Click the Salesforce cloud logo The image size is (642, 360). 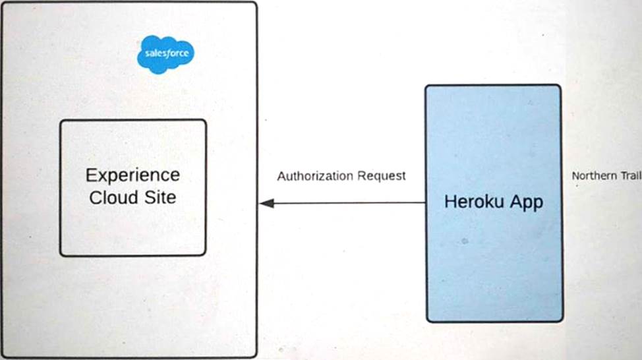click(165, 54)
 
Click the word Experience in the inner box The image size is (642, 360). click(132, 175)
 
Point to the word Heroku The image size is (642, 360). click(470, 202)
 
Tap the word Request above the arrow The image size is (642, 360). click(382, 177)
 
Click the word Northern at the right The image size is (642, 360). click(593, 175)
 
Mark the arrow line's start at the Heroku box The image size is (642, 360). click(424, 202)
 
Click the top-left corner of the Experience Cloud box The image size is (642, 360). click(61, 121)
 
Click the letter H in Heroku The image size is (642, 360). click(450, 202)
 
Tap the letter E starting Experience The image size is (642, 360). click(91, 175)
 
